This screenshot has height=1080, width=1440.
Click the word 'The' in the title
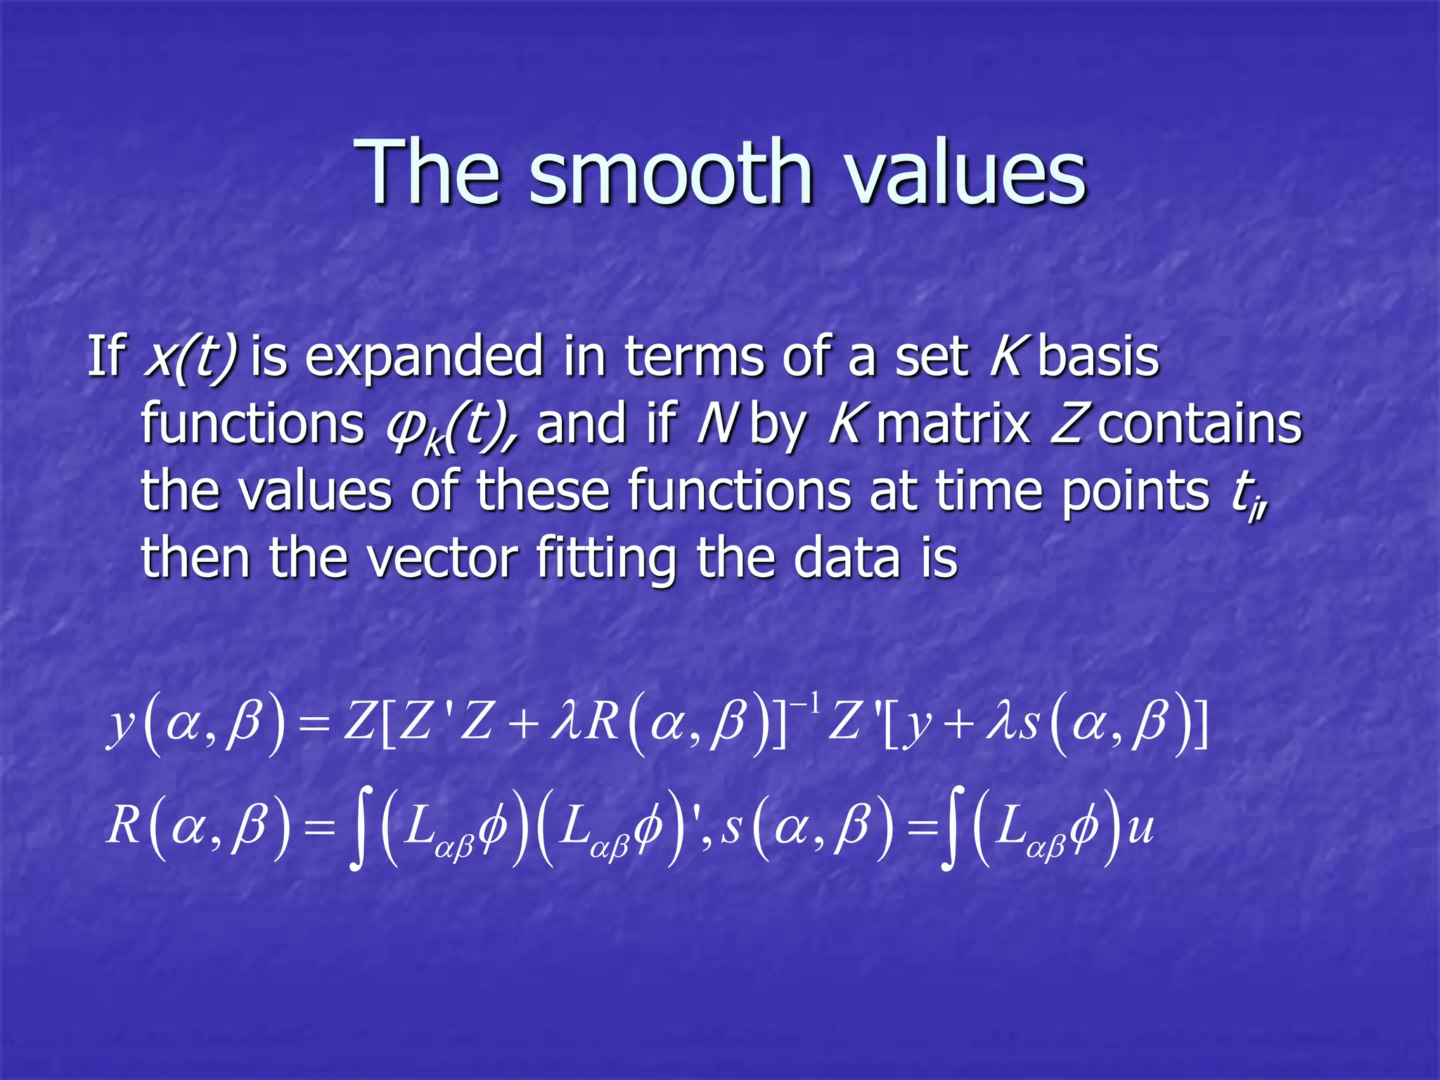pos(429,172)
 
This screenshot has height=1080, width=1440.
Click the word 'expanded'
pos(424,359)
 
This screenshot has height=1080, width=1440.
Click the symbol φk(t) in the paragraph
pos(450,426)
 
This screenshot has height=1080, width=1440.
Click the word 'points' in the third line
pos(1134,491)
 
